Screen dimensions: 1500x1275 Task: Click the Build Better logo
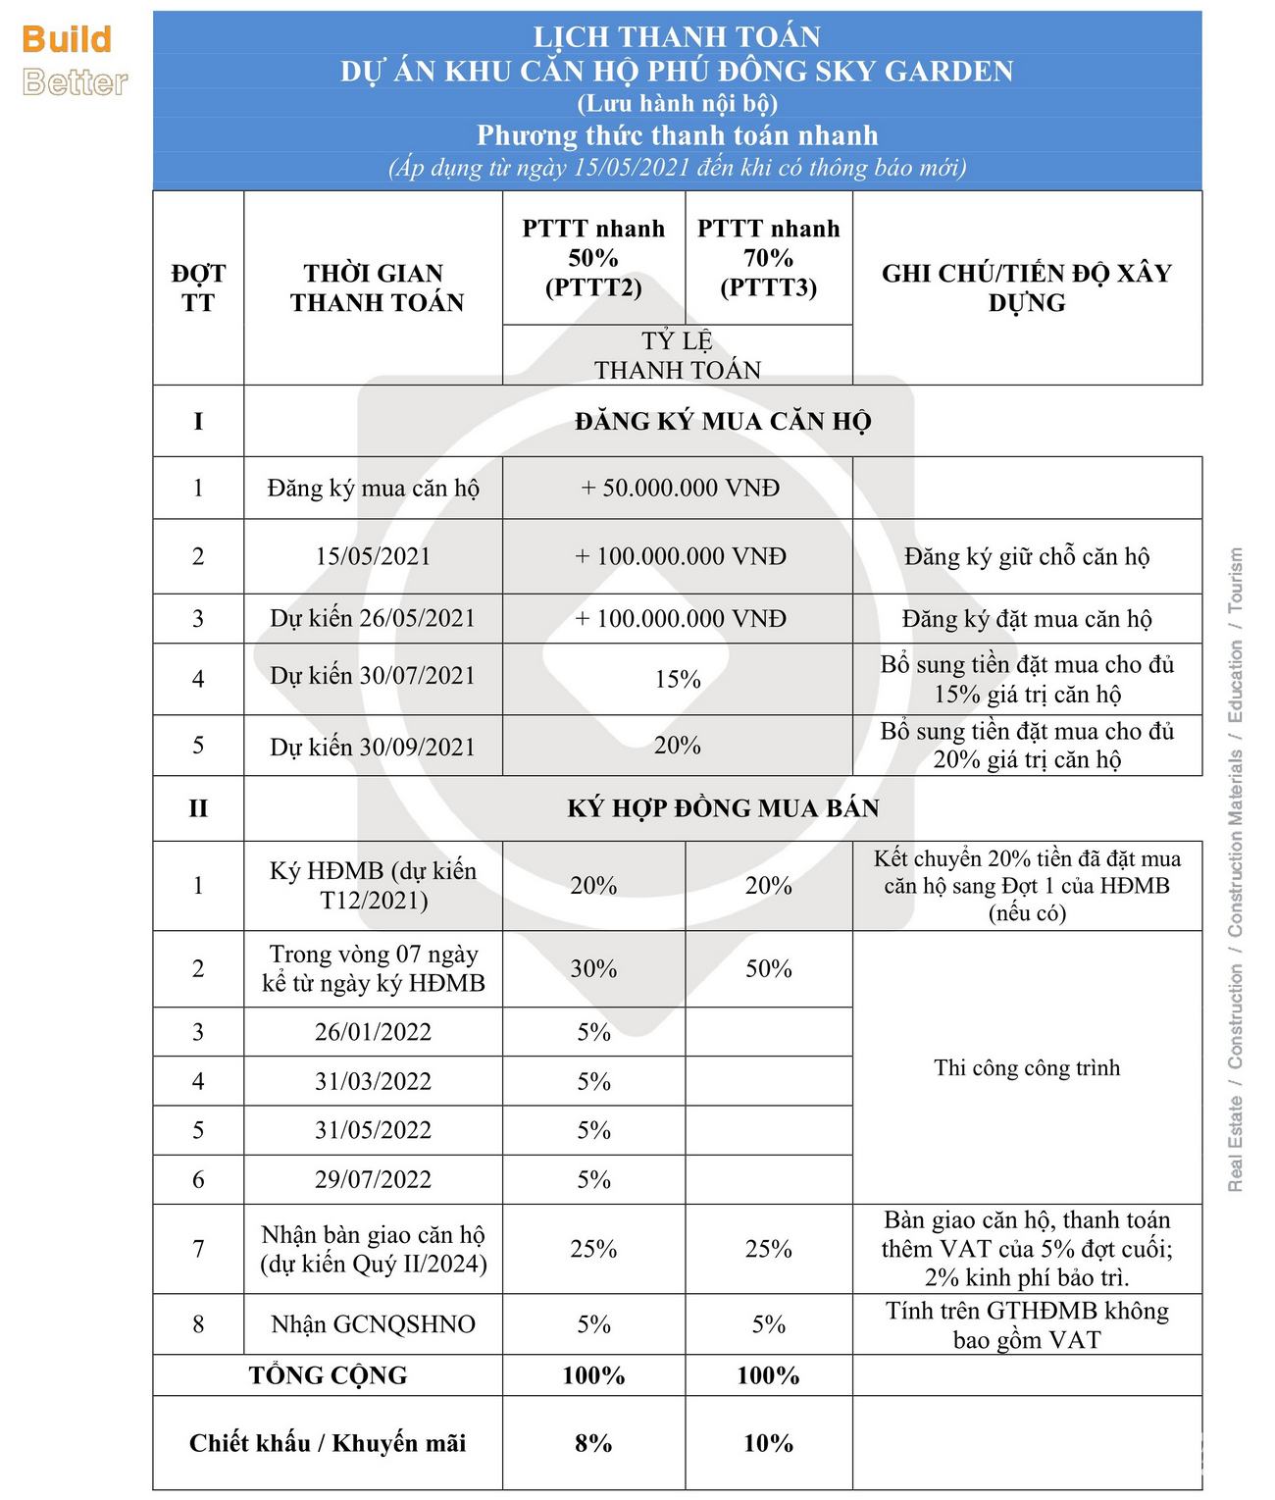coord(75,60)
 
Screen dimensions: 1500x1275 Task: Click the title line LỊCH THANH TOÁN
coord(677,37)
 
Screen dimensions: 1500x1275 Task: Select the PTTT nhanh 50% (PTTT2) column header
coord(593,258)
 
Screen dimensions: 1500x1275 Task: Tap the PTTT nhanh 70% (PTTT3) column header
coord(768,258)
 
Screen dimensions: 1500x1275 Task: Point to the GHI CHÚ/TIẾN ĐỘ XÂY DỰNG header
coord(1026,287)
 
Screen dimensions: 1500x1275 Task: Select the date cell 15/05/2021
coord(373,556)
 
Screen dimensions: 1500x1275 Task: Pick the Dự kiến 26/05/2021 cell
coord(373,618)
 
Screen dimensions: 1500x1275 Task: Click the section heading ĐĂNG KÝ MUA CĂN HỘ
coord(723,422)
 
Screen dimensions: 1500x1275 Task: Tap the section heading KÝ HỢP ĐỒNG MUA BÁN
coord(723,808)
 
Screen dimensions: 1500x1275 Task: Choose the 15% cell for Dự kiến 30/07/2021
coord(678,679)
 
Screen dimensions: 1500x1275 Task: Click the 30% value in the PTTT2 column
coord(593,969)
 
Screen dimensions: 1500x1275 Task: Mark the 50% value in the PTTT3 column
coord(768,969)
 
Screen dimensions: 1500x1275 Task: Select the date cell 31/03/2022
coord(373,1081)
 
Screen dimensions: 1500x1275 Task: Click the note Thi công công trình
coord(1026,1067)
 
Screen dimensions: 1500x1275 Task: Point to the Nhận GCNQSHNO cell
coord(373,1324)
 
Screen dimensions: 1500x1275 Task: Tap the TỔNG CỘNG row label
coord(328,1375)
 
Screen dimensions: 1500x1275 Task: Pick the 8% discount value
coord(593,1443)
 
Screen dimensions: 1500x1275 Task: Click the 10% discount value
coord(768,1443)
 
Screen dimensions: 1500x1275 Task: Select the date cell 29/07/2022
coord(373,1179)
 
